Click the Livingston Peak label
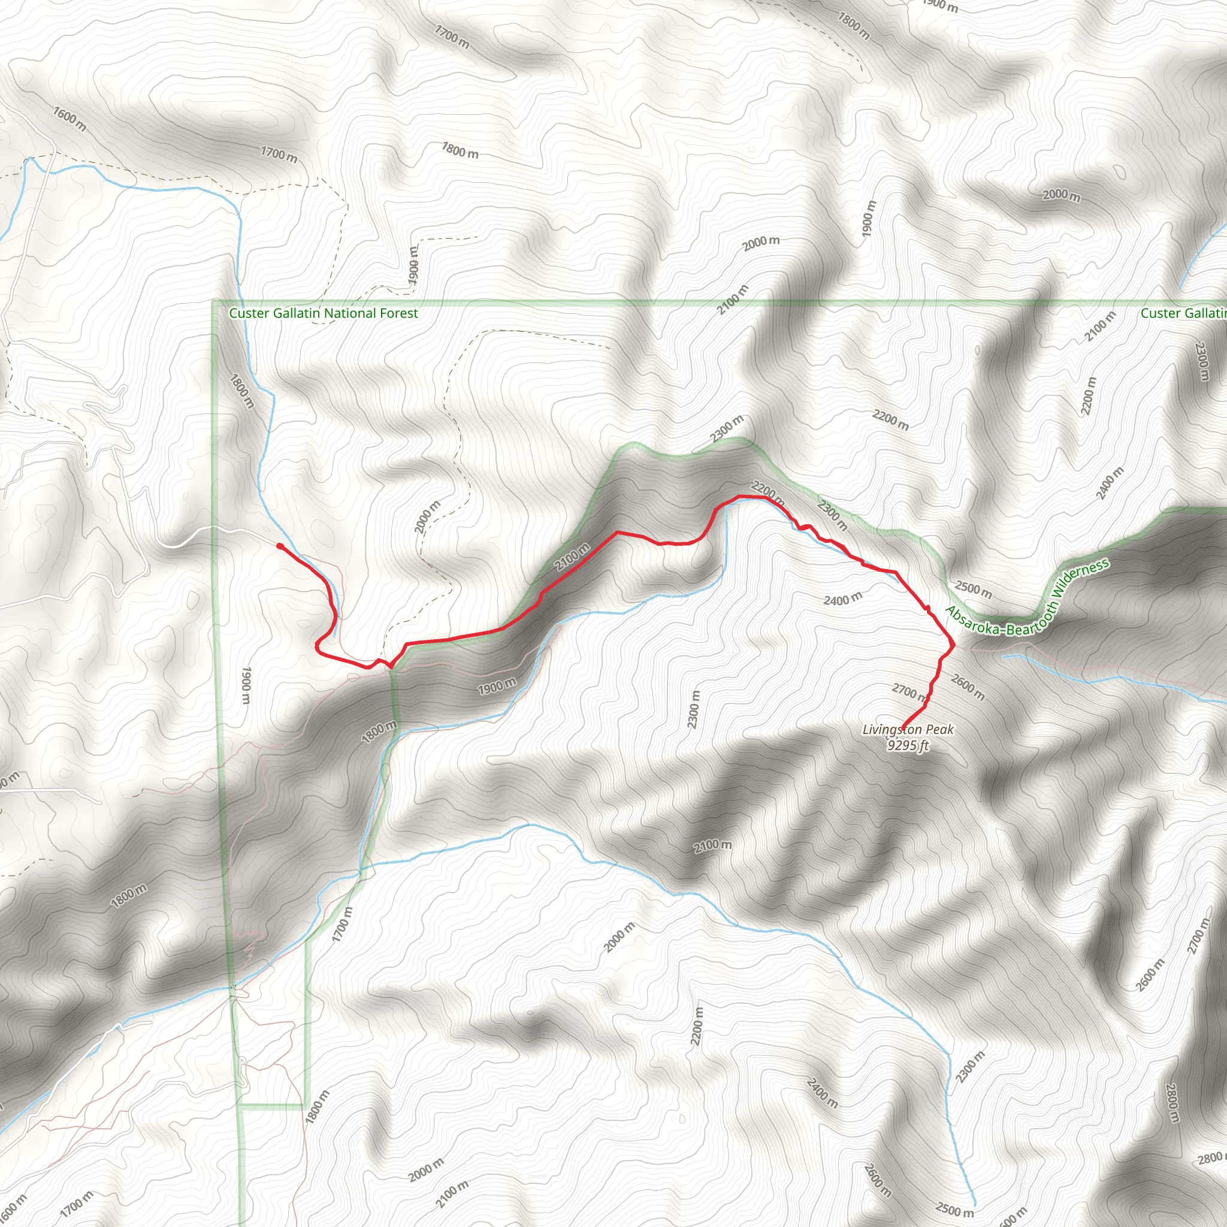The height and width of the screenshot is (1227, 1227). click(x=908, y=730)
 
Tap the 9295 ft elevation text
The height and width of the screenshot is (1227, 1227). click(x=908, y=745)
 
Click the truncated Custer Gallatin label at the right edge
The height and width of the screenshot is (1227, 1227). click(x=1183, y=313)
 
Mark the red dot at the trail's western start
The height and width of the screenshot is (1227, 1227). click(x=279, y=546)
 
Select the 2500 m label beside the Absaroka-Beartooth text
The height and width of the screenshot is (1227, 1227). click(x=973, y=590)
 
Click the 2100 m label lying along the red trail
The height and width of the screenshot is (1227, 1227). click(x=572, y=557)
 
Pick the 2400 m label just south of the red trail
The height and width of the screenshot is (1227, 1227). click(x=843, y=599)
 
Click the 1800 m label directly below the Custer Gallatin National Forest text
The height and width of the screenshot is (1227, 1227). click(x=242, y=391)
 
